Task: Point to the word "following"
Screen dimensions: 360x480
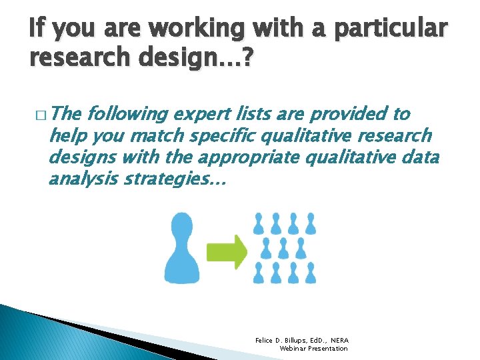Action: tap(127, 115)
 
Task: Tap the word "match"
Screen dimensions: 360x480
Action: tap(160, 136)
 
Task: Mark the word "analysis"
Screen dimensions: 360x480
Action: tap(77, 179)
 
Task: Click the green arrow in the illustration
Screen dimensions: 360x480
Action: tap(226, 251)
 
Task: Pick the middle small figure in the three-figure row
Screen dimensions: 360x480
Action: tap(283, 248)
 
